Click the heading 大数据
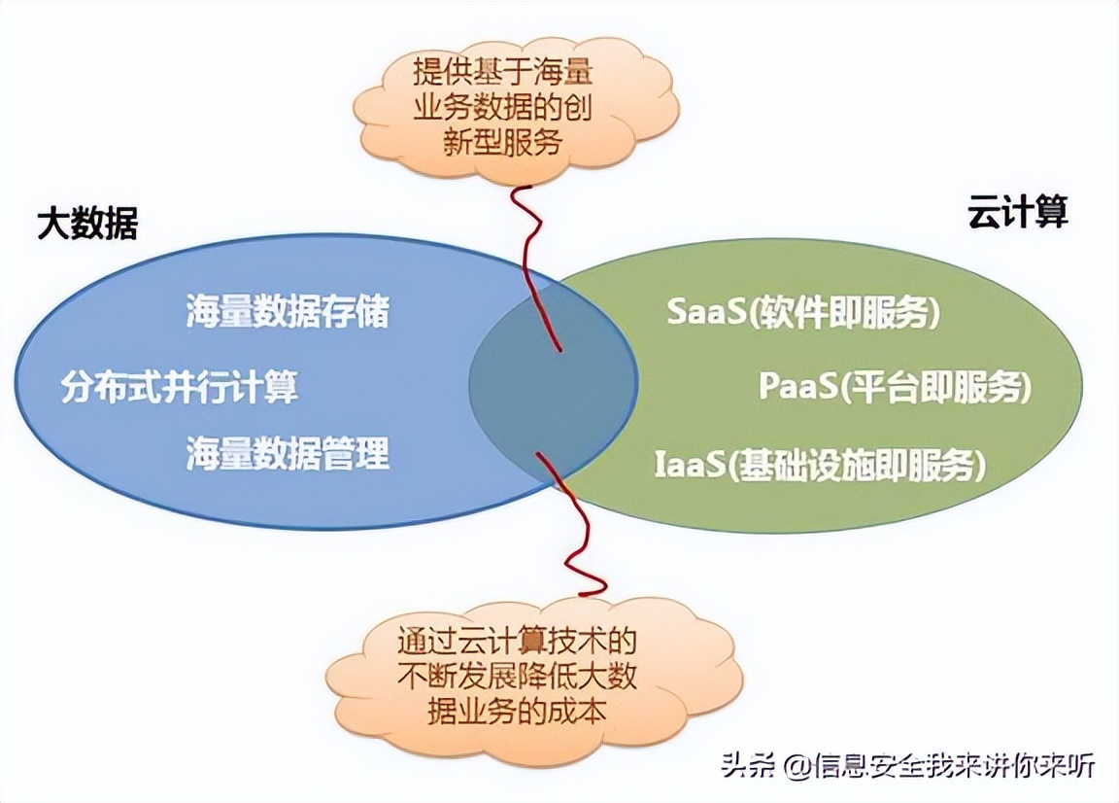pos(87,223)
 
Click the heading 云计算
pos(1018,211)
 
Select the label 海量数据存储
pos(288,311)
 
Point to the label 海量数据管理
pos(288,452)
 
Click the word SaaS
pos(706,311)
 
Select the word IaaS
pos(690,465)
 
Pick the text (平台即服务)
pos(934,387)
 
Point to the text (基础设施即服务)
pos(856,465)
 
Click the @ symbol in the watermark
pos(797,767)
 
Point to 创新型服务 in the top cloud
pos(502,142)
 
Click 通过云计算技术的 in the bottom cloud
pos(517,641)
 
